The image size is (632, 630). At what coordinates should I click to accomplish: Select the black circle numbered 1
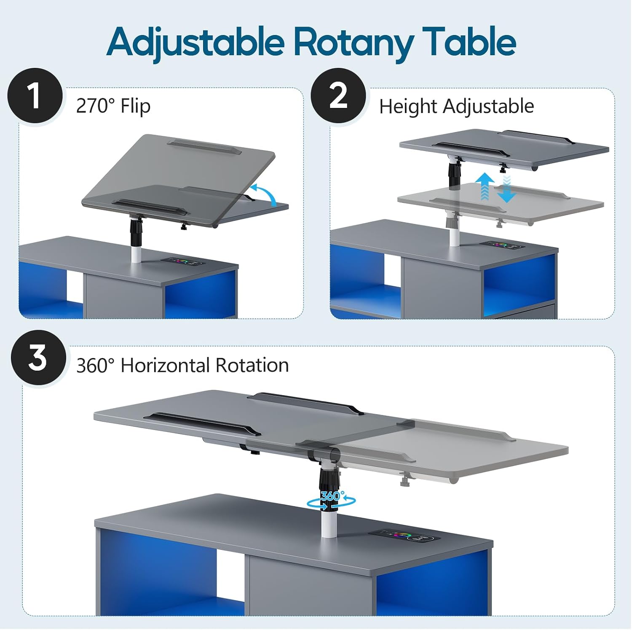[x=35, y=96]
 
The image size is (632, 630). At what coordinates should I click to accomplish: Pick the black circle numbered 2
[x=338, y=96]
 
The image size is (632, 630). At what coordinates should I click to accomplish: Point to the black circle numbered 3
[x=38, y=358]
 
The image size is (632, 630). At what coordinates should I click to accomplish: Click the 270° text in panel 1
[x=95, y=105]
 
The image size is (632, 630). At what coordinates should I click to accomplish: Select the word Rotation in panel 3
[x=252, y=365]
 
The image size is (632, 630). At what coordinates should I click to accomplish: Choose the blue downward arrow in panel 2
[x=506, y=189]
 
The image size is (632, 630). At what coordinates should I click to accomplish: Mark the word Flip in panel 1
[x=136, y=106]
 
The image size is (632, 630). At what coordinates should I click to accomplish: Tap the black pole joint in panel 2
[x=454, y=174]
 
